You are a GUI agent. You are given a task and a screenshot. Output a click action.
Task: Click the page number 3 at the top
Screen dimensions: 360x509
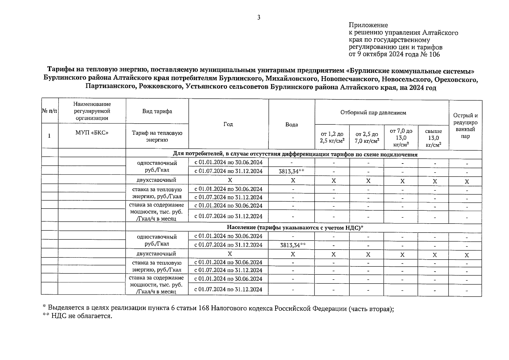[x=259, y=17]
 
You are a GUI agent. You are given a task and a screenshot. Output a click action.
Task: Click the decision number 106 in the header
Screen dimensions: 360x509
[x=435, y=54]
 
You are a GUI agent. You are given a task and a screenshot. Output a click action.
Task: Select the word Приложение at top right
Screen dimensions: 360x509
[x=368, y=25]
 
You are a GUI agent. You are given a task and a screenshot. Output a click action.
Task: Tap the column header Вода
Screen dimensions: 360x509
[x=291, y=124]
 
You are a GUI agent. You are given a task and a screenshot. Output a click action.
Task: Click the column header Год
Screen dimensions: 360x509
[x=228, y=124]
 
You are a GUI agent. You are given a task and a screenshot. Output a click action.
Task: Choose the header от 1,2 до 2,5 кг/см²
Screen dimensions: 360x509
[x=332, y=137]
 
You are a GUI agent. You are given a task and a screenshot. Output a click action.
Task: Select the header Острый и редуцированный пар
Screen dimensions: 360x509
[x=465, y=126]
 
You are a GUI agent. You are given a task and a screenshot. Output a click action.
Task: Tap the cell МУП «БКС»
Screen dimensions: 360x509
[x=92, y=133]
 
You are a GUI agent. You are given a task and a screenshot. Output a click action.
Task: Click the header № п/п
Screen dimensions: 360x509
[x=49, y=111]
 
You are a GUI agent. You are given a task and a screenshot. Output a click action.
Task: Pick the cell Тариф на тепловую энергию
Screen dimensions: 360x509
[x=157, y=136]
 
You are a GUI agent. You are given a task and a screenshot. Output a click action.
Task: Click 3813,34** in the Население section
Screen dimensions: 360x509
[x=293, y=245]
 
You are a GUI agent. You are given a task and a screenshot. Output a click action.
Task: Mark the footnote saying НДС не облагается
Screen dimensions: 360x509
[x=77, y=316]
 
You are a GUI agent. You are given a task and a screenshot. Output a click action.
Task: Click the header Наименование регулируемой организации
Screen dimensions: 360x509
[x=92, y=111]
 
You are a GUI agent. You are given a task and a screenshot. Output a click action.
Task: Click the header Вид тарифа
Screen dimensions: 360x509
[x=157, y=111]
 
